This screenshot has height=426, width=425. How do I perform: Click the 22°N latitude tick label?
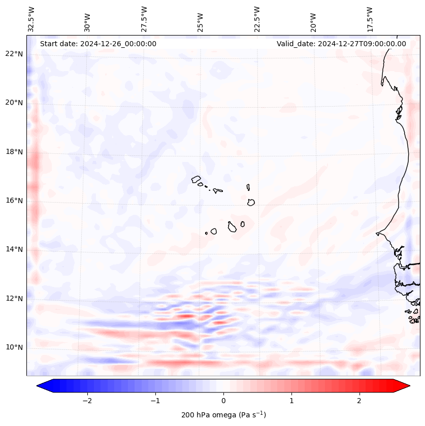(x=14, y=54)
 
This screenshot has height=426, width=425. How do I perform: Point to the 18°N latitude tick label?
(x=14, y=152)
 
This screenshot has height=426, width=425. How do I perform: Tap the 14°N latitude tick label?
(x=14, y=249)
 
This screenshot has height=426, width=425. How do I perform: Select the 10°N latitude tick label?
(x=14, y=347)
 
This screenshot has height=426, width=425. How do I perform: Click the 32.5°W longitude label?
(x=31, y=19)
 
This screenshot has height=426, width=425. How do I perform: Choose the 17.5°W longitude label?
(x=370, y=19)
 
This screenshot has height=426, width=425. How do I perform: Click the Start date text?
(x=98, y=44)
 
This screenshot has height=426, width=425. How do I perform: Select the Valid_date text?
(x=341, y=44)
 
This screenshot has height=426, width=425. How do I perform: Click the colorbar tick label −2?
(x=87, y=401)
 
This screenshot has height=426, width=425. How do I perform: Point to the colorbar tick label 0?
(x=223, y=401)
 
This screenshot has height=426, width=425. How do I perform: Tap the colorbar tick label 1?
(x=291, y=401)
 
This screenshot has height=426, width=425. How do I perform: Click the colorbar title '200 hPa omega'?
(x=223, y=415)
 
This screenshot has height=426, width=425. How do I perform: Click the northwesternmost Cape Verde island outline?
(x=196, y=179)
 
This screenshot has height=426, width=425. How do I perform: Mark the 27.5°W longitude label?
(x=144, y=19)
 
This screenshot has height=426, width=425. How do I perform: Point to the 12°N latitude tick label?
(x=14, y=299)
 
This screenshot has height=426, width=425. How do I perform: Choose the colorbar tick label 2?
(x=359, y=401)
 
